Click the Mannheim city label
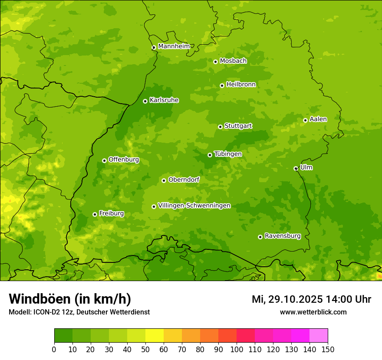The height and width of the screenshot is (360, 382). coord(174,46)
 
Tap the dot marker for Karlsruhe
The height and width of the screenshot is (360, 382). coord(145,101)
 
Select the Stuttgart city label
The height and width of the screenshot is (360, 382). coord(238,126)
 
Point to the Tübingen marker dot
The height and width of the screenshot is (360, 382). coord(210,155)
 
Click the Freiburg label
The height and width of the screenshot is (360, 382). coord(111,213)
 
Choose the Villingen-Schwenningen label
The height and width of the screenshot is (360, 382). coord(194,206)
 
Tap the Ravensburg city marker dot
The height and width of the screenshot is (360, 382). coord(260,237)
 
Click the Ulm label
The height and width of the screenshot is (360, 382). coord(306,167)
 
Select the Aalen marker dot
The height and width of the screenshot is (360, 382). coord(305,120)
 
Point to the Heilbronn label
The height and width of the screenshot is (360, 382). coord(241,85)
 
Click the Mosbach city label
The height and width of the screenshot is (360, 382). coord(233,61)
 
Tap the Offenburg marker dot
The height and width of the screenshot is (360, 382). coord(104,160)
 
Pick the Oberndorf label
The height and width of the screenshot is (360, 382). coord(184,180)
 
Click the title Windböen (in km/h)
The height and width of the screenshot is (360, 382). coord(70,299)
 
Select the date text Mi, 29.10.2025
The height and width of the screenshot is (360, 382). coord(287,299)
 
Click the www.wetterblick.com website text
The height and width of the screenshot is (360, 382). coord(313,312)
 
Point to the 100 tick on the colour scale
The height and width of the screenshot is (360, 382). coord(237,349)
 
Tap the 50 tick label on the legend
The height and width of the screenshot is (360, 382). coord(145,349)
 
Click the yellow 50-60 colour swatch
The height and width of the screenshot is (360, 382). coord(155,335)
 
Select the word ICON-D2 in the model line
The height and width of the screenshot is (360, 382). coord(46,312)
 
